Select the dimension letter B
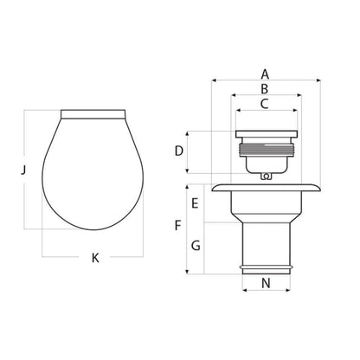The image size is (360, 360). tap(265, 88)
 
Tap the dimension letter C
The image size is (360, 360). tap(265, 103)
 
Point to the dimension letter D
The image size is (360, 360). tap(178, 151)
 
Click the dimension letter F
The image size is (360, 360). tap(178, 227)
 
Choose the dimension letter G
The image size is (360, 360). tap(196, 246)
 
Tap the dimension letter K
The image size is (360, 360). tap(95, 258)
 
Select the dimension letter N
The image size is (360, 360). tap(265, 281)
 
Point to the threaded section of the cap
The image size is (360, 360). tap(265, 156)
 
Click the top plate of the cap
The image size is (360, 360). tap(265, 134)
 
